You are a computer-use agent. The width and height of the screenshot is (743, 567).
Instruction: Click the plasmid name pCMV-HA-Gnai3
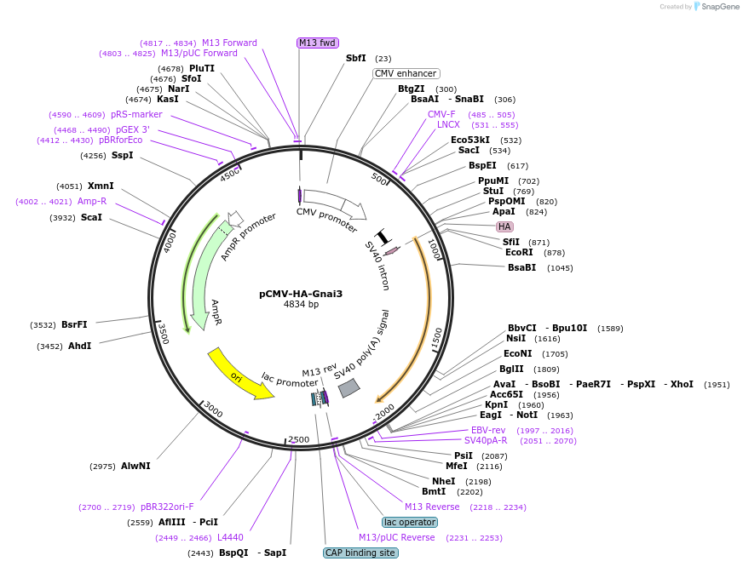301,294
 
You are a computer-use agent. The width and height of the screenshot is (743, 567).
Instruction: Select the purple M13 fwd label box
317,43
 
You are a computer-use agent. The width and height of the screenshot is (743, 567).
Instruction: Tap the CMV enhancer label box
406,73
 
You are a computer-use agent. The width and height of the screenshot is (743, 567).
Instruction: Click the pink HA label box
504,226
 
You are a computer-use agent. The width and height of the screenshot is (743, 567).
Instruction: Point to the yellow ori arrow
239,372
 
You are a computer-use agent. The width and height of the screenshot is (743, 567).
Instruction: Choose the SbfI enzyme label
355,58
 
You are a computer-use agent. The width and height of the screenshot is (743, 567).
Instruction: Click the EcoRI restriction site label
518,252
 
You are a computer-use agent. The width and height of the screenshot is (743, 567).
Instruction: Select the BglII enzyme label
511,369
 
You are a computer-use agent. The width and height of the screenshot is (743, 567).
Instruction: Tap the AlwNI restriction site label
135,466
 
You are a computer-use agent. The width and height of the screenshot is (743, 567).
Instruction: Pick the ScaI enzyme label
91,217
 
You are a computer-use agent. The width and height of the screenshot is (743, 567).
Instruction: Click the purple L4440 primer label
230,537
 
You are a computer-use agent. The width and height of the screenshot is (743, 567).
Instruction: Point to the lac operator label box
409,522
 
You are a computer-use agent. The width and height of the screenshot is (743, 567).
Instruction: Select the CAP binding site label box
360,553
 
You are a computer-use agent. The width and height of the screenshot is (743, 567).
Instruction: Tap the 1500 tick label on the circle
436,337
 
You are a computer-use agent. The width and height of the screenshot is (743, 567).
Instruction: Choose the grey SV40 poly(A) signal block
348,388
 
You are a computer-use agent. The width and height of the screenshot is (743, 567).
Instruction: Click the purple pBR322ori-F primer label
167,507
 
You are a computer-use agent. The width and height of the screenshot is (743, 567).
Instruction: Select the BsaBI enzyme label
521,267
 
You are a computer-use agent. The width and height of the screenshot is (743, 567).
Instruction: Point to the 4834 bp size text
301,305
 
